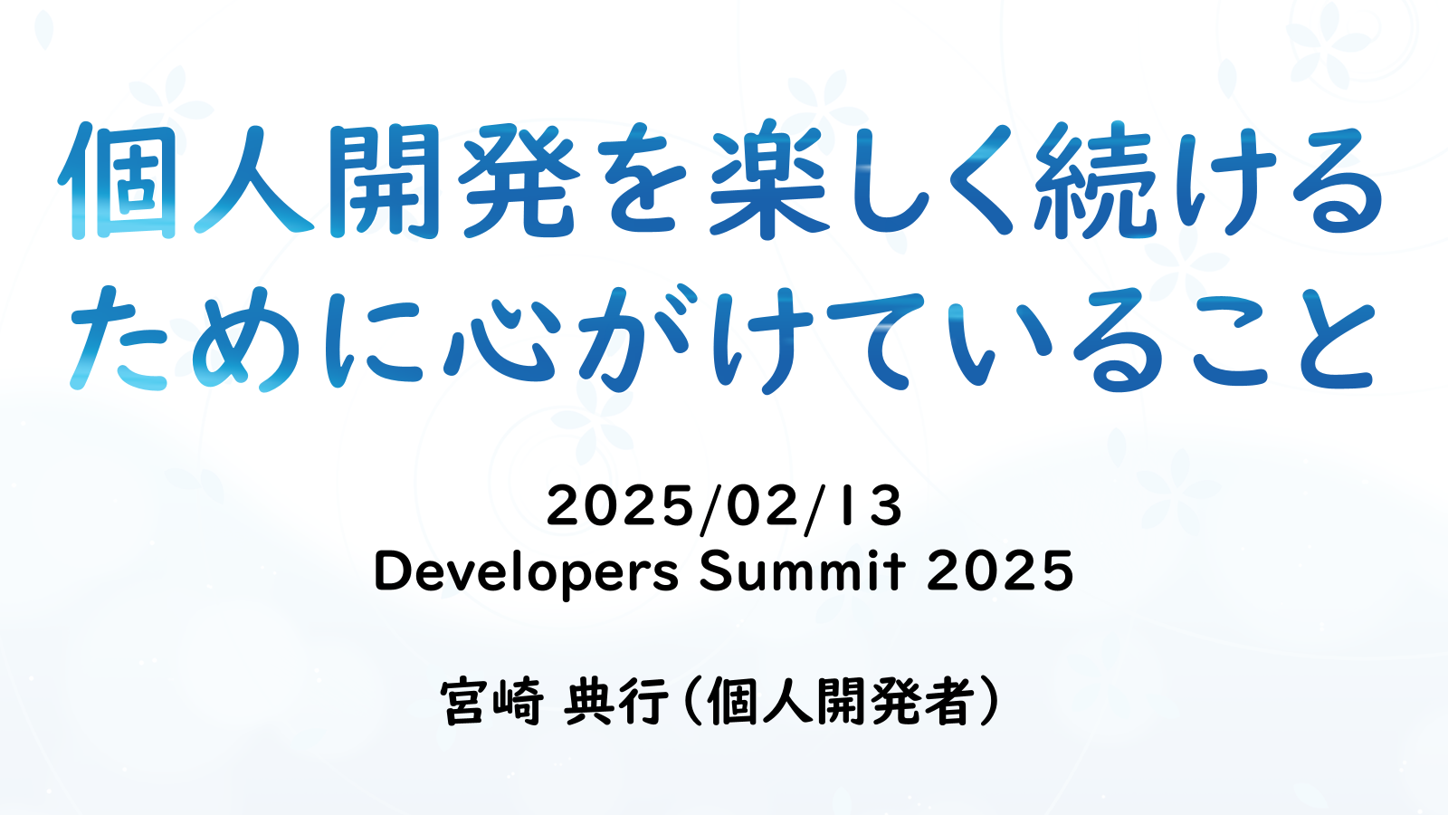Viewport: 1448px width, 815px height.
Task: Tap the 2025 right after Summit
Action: click(1000, 570)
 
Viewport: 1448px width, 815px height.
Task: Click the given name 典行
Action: click(616, 702)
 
